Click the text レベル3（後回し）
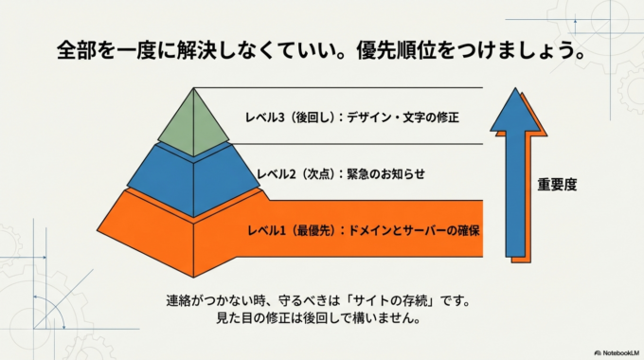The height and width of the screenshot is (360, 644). click(x=276, y=117)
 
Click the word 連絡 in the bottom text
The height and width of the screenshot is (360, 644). click(x=179, y=301)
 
